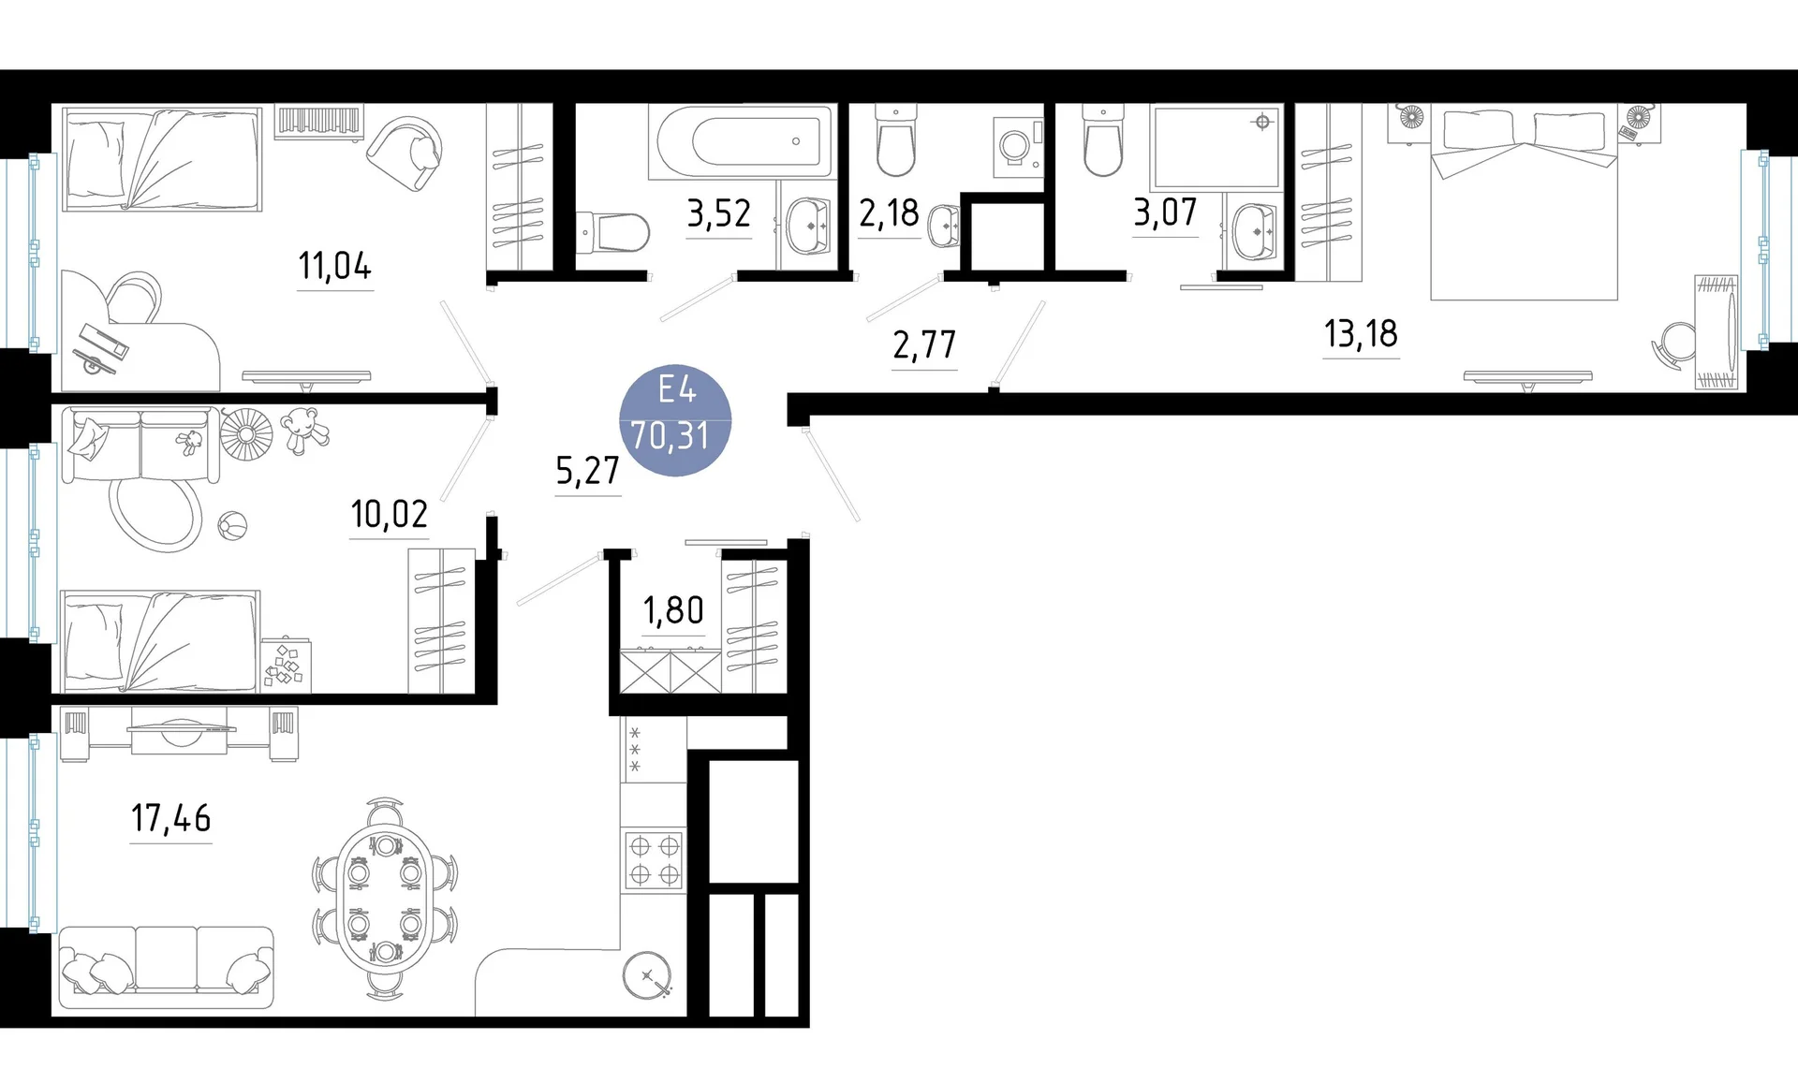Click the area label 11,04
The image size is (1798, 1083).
[x=334, y=266]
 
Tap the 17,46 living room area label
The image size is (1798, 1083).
[x=171, y=818]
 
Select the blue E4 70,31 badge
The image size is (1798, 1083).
[x=675, y=419]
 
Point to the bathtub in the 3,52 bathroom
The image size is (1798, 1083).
[x=741, y=142]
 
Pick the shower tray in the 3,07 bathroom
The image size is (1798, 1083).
[x=1216, y=148]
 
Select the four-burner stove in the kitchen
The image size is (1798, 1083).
[x=654, y=860]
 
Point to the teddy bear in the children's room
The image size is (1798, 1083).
[x=303, y=431]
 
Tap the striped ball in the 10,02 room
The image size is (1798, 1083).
[x=232, y=526]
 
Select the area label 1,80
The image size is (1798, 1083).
[x=673, y=610]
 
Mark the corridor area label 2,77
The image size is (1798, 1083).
[x=924, y=345]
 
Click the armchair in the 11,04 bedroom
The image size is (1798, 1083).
[x=405, y=153]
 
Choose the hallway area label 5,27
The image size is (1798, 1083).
[x=588, y=470]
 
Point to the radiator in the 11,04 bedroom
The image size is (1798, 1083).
[x=318, y=122]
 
